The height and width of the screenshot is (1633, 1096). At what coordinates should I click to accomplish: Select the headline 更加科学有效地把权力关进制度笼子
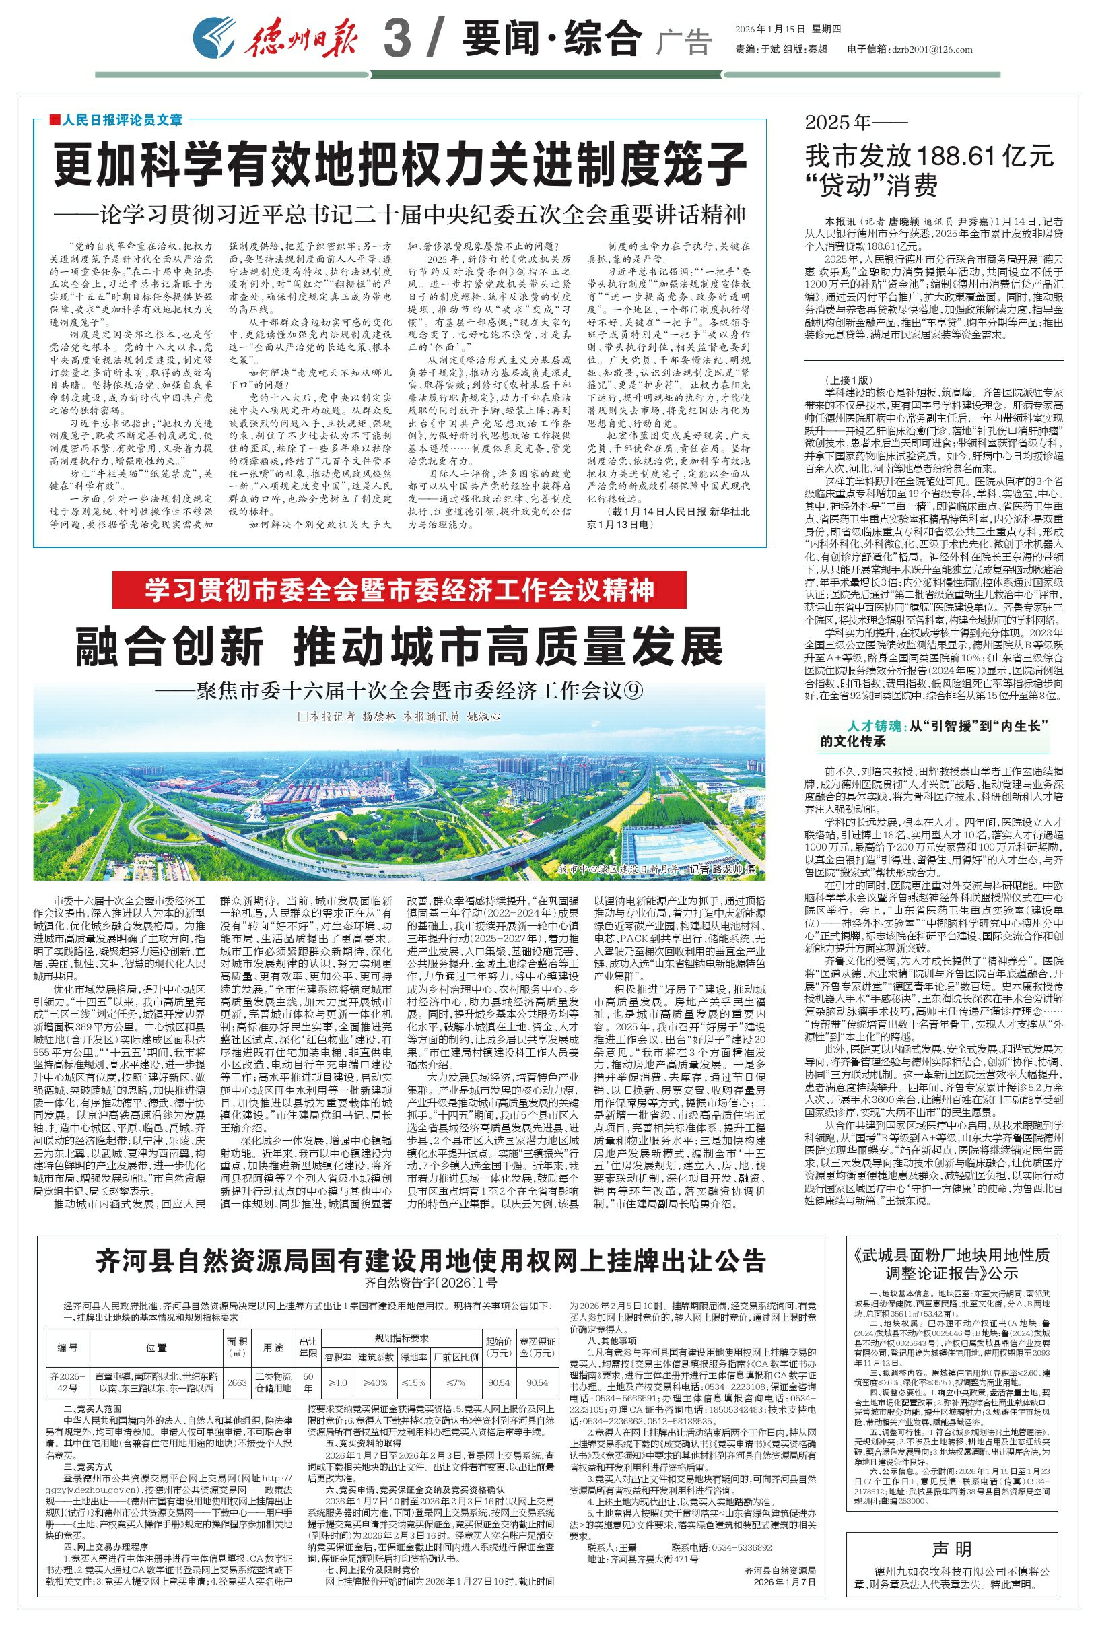click(401, 162)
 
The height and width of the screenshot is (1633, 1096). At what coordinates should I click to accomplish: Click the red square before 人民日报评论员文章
click(55, 121)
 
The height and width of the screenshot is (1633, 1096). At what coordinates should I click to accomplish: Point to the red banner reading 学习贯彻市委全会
click(399, 590)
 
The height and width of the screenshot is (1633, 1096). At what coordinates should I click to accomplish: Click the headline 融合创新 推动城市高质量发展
click(399, 646)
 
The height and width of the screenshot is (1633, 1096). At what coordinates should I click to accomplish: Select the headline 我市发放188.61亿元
click(929, 156)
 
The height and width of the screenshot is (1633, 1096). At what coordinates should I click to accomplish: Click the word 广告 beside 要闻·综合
click(683, 42)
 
